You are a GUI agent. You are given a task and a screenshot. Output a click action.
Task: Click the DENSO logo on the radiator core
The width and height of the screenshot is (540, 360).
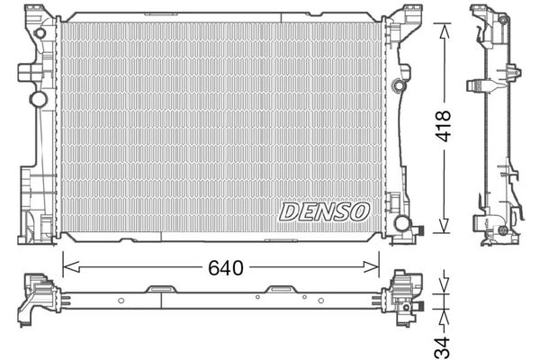click(x=325, y=211)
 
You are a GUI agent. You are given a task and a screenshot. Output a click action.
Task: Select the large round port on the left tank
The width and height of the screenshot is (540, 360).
click(x=39, y=98)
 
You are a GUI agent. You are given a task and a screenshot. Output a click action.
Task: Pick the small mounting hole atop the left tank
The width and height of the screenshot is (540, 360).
click(x=39, y=34)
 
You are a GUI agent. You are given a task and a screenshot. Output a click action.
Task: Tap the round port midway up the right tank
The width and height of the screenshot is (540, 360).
click(x=398, y=86)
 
